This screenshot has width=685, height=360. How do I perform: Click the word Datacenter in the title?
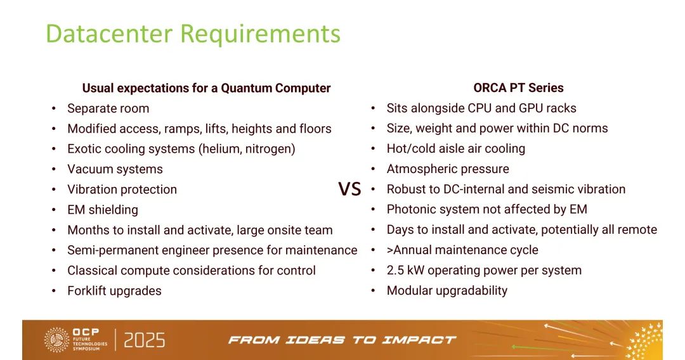(x=109, y=33)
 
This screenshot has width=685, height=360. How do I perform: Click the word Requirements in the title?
(x=260, y=34)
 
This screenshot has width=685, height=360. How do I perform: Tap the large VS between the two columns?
(x=349, y=189)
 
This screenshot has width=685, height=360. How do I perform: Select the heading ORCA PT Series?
(x=518, y=87)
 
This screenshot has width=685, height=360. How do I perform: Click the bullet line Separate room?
(x=108, y=108)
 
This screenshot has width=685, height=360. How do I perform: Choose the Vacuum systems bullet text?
(x=115, y=169)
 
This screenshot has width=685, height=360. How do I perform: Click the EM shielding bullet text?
(x=103, y=210)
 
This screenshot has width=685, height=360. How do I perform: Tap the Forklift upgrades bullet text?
(x=114, y=291)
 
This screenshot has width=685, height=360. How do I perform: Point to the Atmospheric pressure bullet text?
(x=448, y=169)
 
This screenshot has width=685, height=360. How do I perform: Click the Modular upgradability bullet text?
(x=447, y=291)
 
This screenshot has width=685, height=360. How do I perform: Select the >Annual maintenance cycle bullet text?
(x=462, y=250)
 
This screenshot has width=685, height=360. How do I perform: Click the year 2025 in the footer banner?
(x=145, y=340)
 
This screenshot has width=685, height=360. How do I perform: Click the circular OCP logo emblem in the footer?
(x=57, y=340)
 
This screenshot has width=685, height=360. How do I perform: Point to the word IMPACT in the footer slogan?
(x=419, y=340)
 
